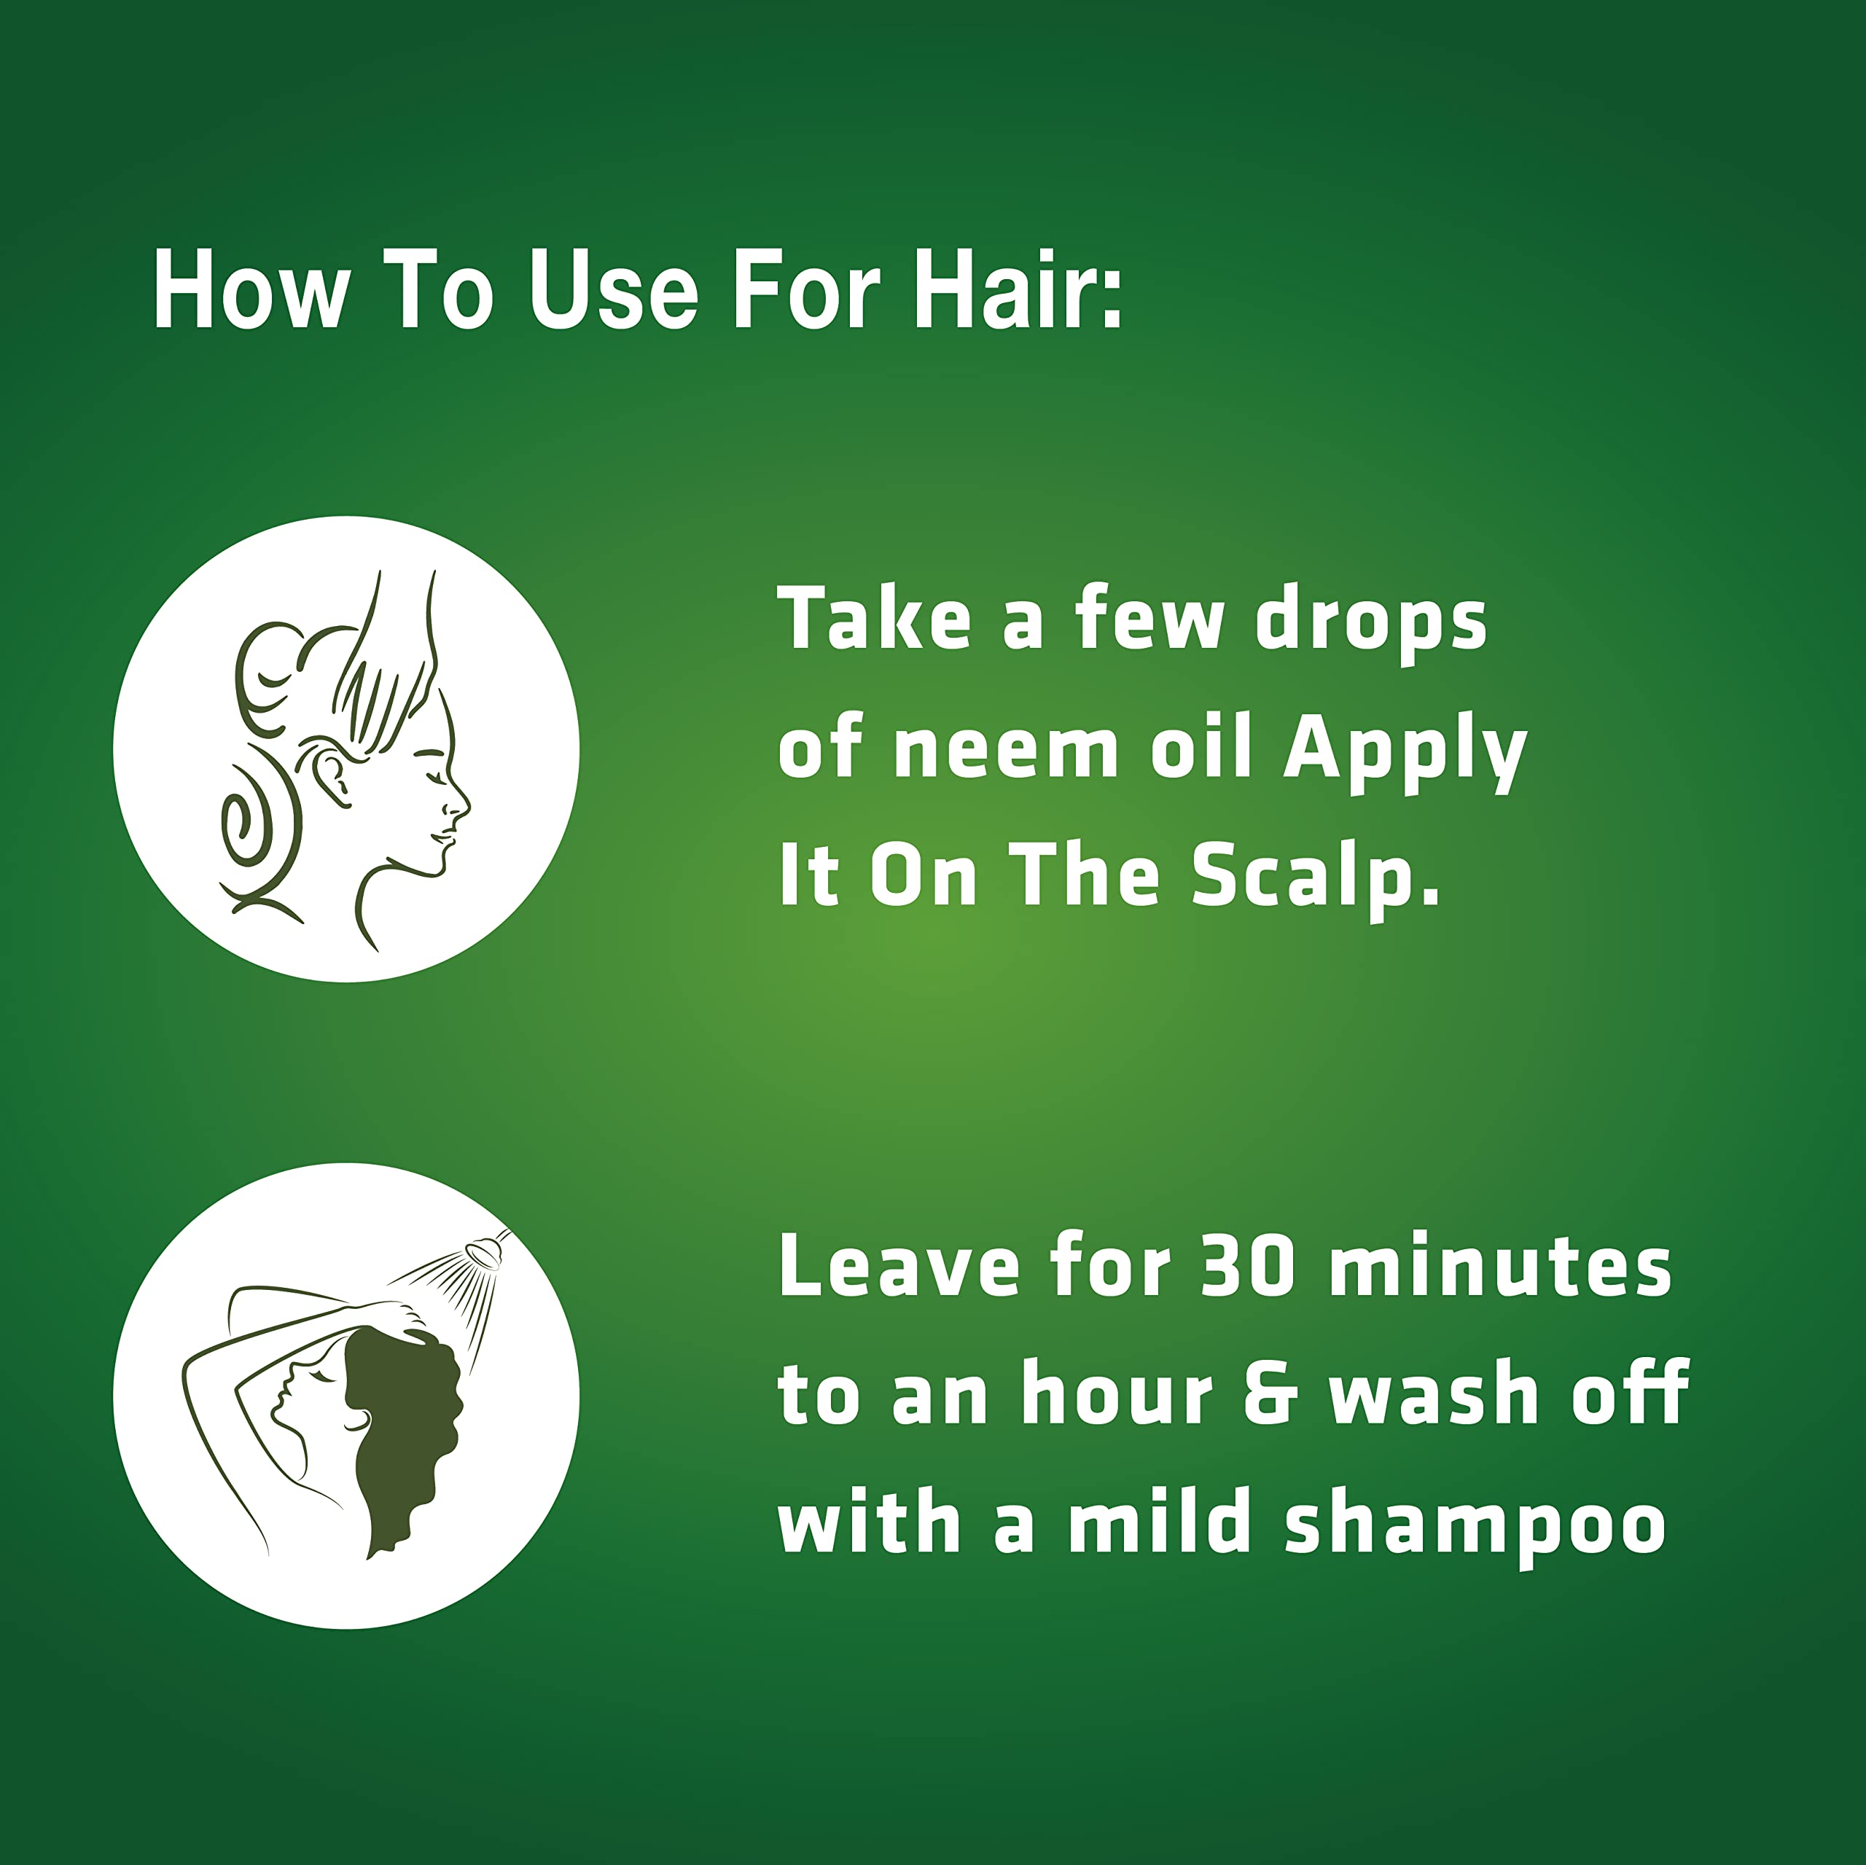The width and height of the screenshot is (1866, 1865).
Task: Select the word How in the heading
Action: [249, 291]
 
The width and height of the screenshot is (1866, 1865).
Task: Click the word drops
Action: [1372, 623]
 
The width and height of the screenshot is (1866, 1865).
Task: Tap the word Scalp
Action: [1316, 880]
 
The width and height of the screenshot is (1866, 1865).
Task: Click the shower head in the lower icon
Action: [483, 1251]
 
